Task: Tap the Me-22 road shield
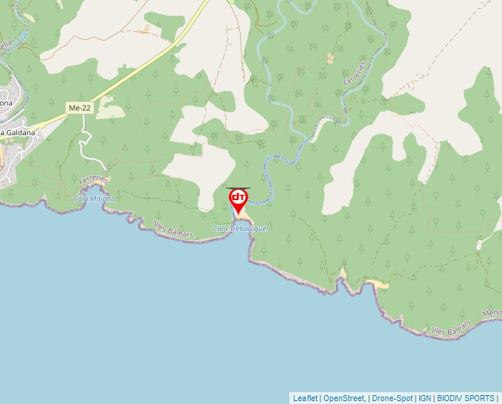coord(79,108)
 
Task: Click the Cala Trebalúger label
coord(241,229)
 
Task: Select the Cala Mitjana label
coord(94,199)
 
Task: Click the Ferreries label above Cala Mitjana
coord(94,180)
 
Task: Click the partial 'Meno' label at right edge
coord(492,313)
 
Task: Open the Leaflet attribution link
coord(305,398)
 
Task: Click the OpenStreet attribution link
coord(343,398)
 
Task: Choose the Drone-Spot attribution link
coord(391,398)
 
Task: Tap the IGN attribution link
coord(424,398)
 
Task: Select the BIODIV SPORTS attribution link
coord(466,398)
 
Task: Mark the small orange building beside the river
coord(330,58)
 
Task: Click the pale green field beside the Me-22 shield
coord(111,109)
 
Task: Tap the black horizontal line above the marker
coord(238,188)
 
